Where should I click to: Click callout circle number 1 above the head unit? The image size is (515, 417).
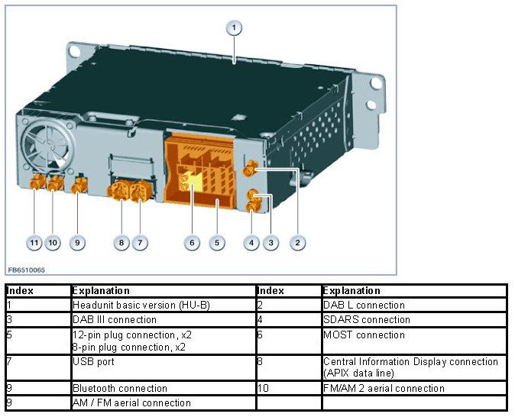(235, 28)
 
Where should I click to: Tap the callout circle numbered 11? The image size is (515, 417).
(34, 243)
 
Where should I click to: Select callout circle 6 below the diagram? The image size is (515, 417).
(193, 243)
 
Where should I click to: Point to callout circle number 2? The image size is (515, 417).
(299, 243)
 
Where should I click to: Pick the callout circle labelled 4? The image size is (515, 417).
(251, 243)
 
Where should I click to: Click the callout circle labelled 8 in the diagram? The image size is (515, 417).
(121, 243)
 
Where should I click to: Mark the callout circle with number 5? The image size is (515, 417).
(217, 243)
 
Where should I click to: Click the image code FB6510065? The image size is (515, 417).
(27, 269)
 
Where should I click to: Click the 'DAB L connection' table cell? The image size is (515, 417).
(364, 305)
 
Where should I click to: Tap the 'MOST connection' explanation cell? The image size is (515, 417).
(364, 335)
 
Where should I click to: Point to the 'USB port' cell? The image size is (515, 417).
(92, 361)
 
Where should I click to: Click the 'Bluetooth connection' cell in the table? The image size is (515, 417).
(119, 388)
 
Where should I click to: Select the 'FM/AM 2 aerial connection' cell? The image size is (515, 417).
(382, 388)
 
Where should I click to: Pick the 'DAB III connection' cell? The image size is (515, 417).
(114, 319)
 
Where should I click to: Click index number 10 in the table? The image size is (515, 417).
(264, 388)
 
